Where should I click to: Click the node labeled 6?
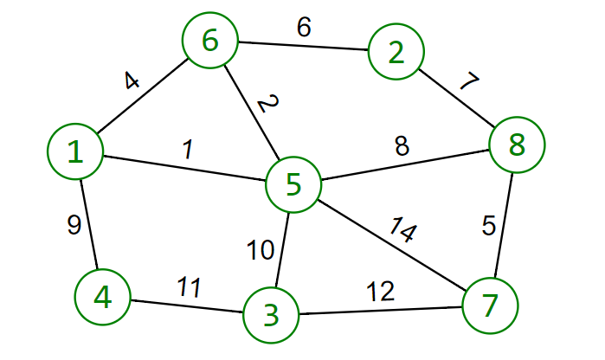(209, 41)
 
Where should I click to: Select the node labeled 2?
(396, 53)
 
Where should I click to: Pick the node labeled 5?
(293, 184)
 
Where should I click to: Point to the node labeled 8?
(517, 145)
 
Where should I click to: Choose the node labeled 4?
(102, 297)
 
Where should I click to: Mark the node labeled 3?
(271, 314)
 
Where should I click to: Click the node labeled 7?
(490, 306)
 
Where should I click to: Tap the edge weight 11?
(190, 286)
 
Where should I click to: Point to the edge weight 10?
(260, 251)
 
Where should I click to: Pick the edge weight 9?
(74, 225)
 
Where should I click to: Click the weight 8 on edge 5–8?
(402, 146)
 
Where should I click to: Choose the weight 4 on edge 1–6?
(130, 82)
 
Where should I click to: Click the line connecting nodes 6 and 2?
(302, 47)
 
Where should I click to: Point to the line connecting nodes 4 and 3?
(186, 305)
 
